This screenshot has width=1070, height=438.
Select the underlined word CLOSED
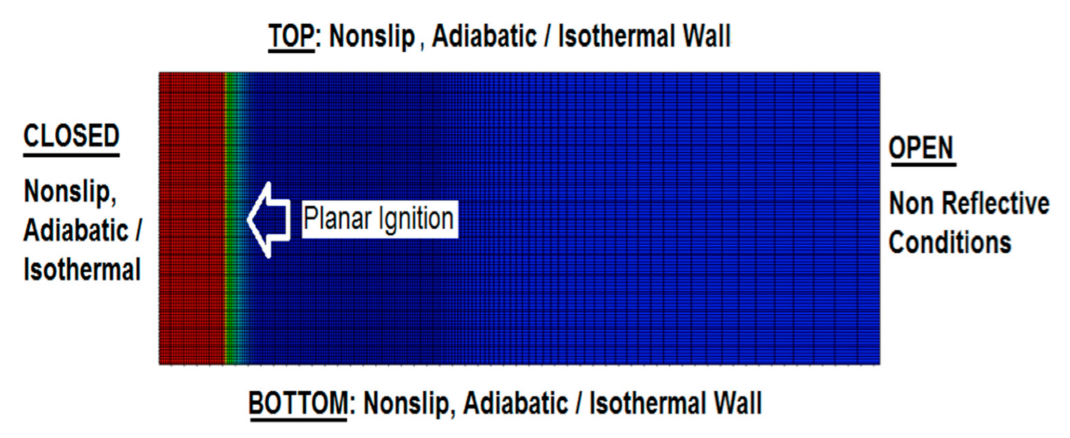[x=71, y=136]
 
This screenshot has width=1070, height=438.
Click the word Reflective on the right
[x=995, y=204]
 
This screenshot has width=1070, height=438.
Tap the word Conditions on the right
[x=950, y=243]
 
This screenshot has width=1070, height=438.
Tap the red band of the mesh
[x=191, y=218]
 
